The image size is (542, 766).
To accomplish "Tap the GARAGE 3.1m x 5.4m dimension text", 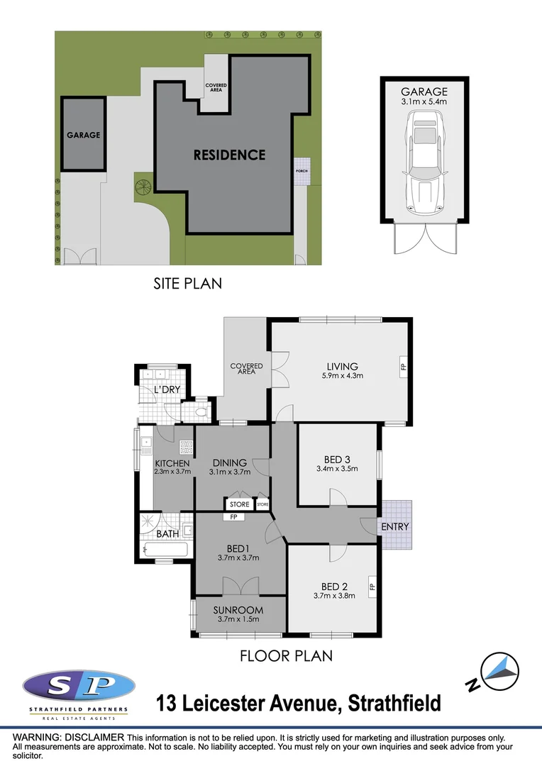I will [x=424, y=102].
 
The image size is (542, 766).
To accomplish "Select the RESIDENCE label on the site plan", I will [x=230, y=155].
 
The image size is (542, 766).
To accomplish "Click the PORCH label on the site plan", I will [x=302, y=171].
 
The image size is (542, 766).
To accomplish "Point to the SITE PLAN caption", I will [x=187, y=283].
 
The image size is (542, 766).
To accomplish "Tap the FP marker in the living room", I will [x=402, y=367].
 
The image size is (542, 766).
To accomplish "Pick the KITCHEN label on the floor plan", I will [x=172, y=463].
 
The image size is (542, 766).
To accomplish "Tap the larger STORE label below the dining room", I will [x=239, y=504].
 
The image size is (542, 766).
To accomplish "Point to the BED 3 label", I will [x=337, y=458].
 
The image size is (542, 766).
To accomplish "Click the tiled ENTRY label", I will [x=395, y=527].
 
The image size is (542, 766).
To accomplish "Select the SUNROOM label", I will [x=238, y=610].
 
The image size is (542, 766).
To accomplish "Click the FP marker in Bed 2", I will [x=371, y=587].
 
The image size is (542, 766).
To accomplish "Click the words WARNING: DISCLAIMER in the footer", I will [x=68, y=738].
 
